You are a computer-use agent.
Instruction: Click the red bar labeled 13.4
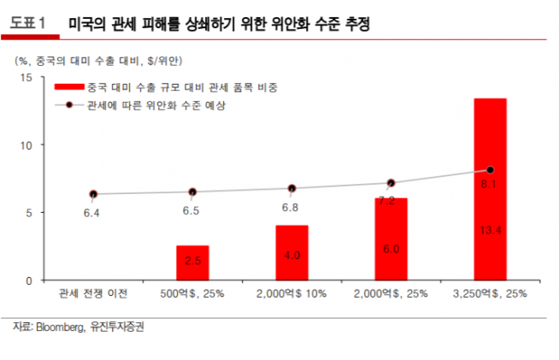491,189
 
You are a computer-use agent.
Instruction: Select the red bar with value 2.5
192,263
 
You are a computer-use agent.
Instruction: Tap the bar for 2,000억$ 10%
291,252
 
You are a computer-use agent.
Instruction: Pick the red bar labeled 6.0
391,239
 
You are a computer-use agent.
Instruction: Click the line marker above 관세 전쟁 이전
93,194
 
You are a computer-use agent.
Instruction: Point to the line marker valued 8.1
491,170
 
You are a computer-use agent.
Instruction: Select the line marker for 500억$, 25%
192,192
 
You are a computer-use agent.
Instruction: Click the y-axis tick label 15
26,78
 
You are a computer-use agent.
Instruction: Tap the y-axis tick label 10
26,145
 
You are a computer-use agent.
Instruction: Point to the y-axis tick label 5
28,212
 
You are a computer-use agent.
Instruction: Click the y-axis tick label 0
28,280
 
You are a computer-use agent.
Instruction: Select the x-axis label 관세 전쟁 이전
93,295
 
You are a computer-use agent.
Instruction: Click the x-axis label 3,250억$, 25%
491,295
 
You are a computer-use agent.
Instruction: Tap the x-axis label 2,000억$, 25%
391,295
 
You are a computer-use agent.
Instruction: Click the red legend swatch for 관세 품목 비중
68,87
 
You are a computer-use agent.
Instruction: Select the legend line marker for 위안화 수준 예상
68,106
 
